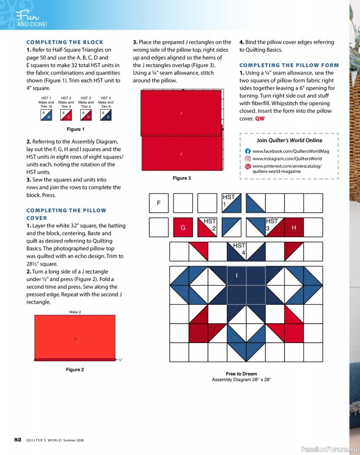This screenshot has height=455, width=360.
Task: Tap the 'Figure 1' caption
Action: (75, 129)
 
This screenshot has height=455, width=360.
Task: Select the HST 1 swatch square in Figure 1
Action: (46, 115)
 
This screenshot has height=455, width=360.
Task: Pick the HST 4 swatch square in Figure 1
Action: (106, 115)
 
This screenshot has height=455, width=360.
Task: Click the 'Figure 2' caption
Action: (75, 370)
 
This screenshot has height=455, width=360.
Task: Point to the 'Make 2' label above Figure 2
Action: (75, 312)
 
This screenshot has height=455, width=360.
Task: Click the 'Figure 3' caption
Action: (181, 179)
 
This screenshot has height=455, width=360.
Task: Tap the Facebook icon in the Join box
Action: (248, 151)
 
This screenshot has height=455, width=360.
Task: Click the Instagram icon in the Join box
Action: (248, 159)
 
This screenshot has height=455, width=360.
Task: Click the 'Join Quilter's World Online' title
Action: (289, 140)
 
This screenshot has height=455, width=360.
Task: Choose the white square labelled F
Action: (159, 203)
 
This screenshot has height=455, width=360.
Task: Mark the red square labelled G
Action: (183, 227)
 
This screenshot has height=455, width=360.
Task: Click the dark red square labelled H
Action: (294, 227)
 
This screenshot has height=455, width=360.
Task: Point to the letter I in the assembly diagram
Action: (237, 276)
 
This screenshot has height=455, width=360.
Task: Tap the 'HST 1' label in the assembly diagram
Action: (227, 200)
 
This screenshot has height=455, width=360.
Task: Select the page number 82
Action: (18, 440)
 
